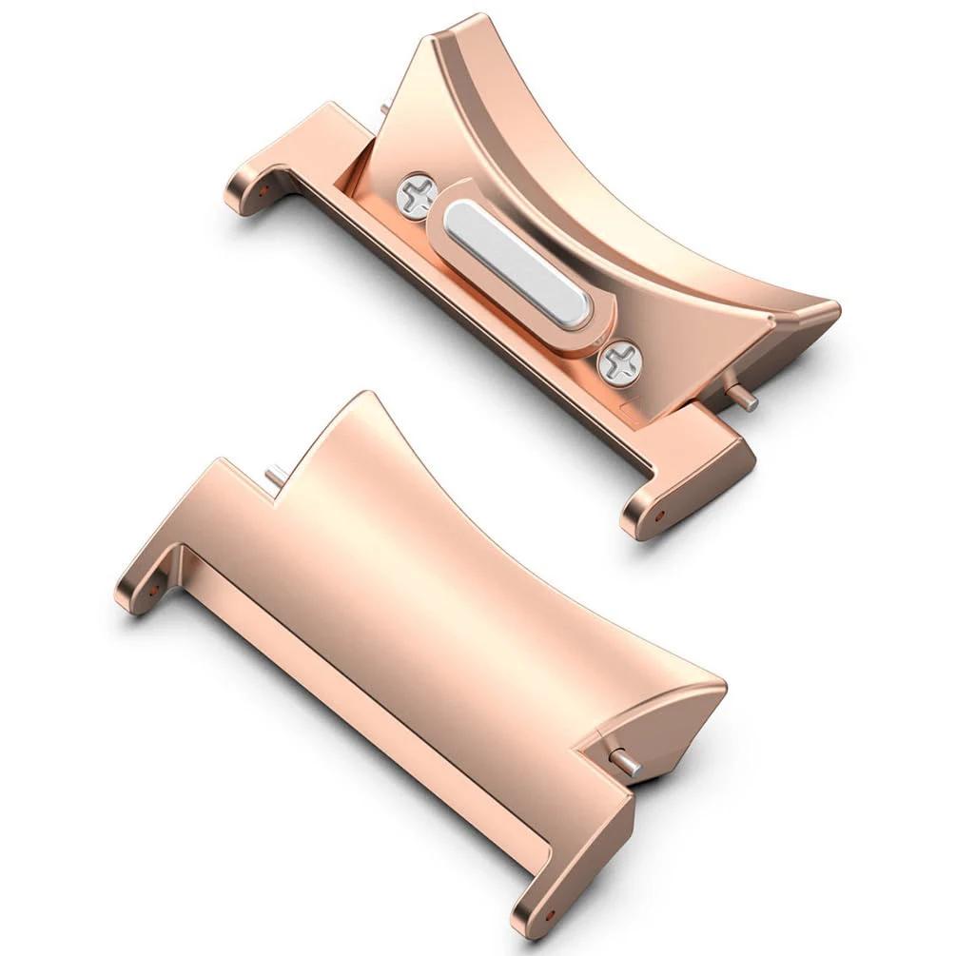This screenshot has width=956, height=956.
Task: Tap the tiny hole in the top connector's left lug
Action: [x=261, y=185]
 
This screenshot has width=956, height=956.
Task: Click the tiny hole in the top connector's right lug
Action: [x=660, y=516]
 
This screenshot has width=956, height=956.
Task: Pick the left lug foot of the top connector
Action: [x=249, y=189]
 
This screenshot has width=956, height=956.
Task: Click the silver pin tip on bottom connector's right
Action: [x=629, y=766]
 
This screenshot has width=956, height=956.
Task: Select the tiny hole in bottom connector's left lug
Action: [x=153, y=590]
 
